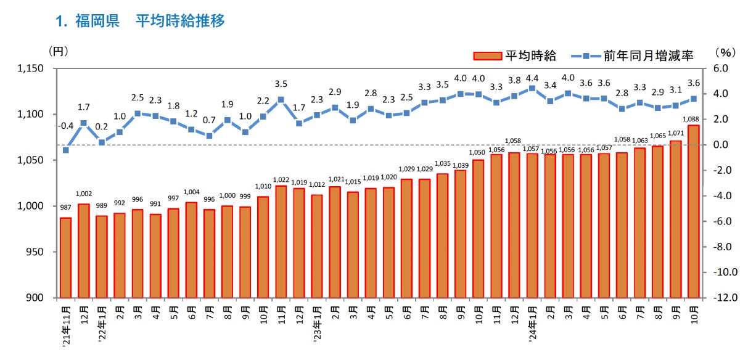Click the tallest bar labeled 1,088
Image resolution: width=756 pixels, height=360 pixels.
[x=693, y=211]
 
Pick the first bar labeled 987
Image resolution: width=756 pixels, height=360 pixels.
[x=66, y=258]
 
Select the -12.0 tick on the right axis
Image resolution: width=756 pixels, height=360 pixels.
[x=727, y=298]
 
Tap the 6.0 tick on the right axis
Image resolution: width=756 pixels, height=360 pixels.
[x=721, y=68]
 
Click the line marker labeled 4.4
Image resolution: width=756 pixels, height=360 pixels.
[x=532, y=88]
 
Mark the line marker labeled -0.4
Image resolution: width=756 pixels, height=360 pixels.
[x=66, y=150]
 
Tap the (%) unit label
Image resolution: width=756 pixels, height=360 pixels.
[x=725, y=54]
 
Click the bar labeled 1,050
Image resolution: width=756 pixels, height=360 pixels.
[x=479, y=229]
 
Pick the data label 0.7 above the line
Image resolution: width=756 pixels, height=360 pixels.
[x=209, y=120]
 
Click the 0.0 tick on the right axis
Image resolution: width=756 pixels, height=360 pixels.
[x=721, y=145]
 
